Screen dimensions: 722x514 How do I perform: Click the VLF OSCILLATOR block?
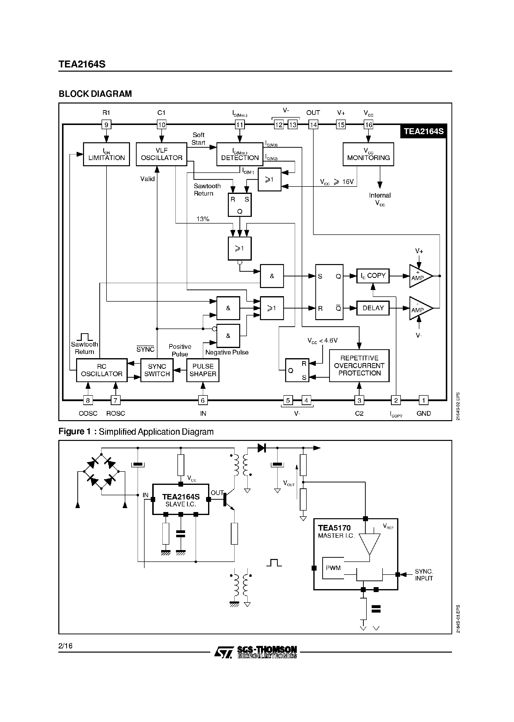(161, 154)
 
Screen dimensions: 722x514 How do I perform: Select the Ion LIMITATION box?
(106, 154)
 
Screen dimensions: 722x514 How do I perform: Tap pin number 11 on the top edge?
(240, 125)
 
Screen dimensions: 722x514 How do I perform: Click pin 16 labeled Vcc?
(368, 125)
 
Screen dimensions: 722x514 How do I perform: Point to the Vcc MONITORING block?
(368, 154)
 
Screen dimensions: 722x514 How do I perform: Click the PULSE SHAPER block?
(203, 370)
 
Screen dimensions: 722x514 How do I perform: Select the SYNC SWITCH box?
(157, 370)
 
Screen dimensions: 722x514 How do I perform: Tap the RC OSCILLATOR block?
(102, 370)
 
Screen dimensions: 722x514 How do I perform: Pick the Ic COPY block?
(373, 276)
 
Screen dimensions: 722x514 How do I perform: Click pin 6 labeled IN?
(203, 400)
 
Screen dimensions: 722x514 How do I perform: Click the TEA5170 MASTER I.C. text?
(336, 532)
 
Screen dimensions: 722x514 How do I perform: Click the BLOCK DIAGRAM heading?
(95, 94)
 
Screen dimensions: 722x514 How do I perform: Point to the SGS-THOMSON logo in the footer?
(256, 652)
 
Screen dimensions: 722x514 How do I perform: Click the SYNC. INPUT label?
(424, 575)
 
